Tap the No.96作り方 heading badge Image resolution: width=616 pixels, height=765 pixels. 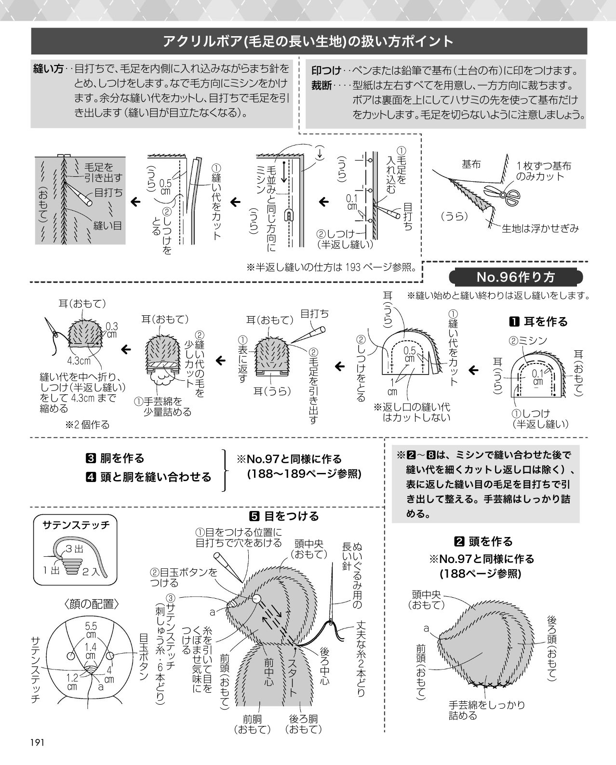click(515, 277)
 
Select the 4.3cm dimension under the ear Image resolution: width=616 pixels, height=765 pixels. click(79, 361)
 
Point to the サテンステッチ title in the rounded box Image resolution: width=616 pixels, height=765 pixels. click(76, 525)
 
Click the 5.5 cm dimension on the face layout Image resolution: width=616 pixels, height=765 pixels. click(91, 630)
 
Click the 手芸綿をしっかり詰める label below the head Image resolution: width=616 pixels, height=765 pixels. click(487, 710)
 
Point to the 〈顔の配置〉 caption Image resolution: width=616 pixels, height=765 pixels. click(92, 604)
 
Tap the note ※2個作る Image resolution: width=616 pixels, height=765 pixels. click(87, 425)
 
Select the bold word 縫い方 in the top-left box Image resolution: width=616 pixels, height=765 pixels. click(48, 68)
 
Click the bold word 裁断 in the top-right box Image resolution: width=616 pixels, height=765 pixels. click(321, 85)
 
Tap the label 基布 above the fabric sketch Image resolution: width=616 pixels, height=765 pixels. click(471, 164)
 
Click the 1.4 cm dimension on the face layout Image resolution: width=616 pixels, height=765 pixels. click(91, 651)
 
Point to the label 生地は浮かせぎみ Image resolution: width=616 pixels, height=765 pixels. click(540, 228)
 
